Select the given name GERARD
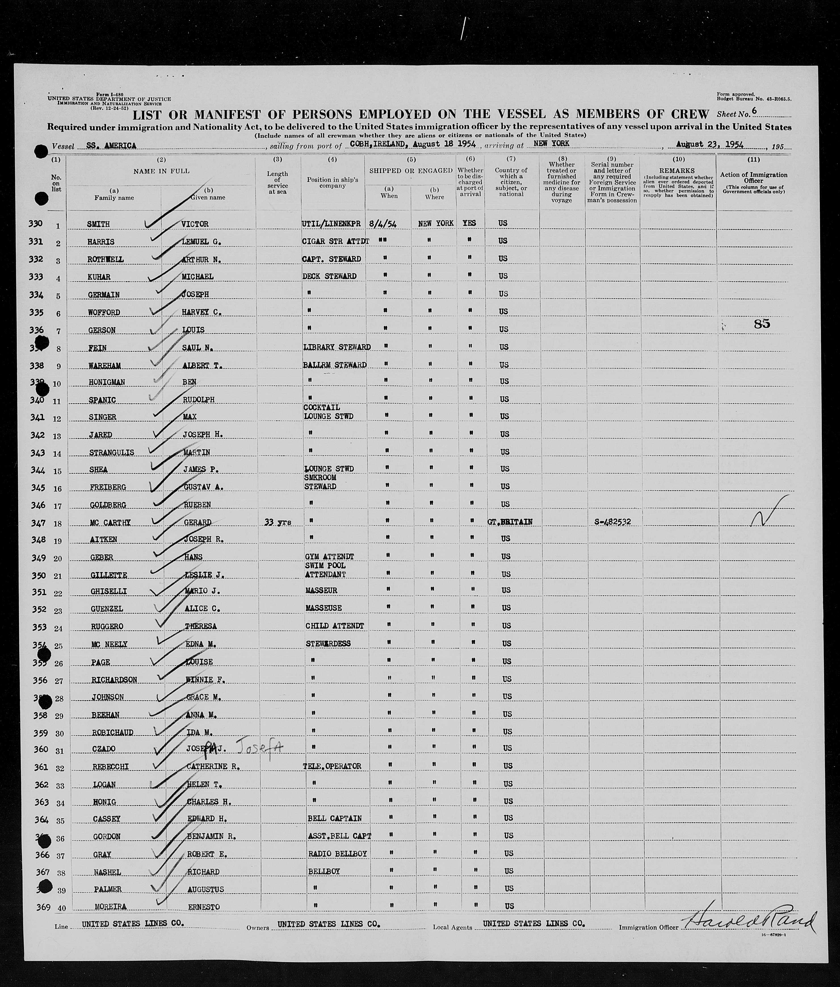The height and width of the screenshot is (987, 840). (x=198, y=522)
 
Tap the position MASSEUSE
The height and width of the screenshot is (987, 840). (x=323, y=608)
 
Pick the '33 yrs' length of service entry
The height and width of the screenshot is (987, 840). (x=277, y=522)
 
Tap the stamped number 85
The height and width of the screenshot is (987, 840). (x=762, y=324)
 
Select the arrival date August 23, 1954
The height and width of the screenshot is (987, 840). (x=709, y=144)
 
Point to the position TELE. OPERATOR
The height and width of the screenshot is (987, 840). (x=332, y=766)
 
